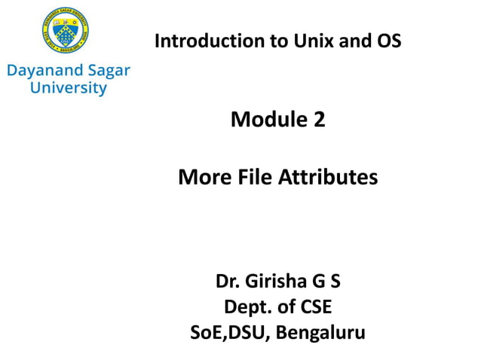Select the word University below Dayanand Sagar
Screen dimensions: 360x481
point(68,88)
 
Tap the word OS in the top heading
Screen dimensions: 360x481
point(388,41)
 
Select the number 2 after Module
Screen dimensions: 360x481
point(320,119)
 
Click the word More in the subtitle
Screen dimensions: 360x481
point(201,178)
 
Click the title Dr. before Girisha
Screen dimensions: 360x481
point(228,283)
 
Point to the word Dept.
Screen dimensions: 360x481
point(245,307)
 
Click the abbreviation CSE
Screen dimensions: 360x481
point(313,307)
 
